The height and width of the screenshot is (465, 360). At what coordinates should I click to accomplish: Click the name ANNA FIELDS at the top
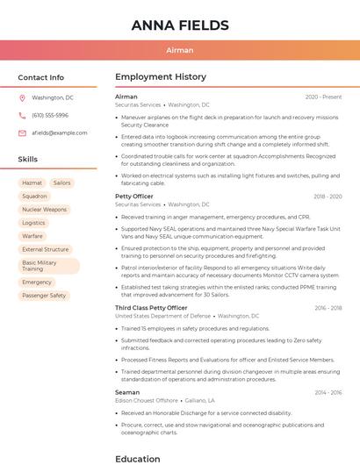(x=180, y=25)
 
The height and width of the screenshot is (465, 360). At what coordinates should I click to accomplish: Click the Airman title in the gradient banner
(x=180, y=50)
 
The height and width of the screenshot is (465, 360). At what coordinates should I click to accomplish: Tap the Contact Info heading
(x=41, y=77)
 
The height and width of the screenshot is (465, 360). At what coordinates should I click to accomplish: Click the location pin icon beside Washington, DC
(x=22, y=98)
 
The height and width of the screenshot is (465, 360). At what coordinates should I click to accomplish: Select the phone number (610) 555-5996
(x=50, y=116)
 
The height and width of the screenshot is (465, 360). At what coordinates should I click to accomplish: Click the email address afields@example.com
(x=60, y=132)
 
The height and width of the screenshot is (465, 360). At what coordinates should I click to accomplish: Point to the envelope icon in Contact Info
(x=22, y=132)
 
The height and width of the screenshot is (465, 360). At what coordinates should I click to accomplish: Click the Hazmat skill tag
(x=32, y=182)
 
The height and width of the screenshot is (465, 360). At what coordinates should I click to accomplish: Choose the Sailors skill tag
(x=61, y=182)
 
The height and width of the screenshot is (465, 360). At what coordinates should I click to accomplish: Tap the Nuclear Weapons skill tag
(x=44, y=210)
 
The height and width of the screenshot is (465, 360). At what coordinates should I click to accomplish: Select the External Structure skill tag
(x=45, y=249)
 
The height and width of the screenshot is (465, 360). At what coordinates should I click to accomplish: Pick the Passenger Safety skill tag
(x=44, y=296)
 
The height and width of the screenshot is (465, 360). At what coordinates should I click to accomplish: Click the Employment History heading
(x=161, y=77)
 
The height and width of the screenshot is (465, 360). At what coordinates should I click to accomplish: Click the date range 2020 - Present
(x=323, y=97)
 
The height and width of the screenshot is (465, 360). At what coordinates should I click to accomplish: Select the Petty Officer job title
(x=134, y=197)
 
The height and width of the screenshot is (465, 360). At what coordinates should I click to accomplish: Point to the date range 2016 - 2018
(x=328, y=308)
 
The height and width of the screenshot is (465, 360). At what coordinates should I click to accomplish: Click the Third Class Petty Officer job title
(x=151, y=308)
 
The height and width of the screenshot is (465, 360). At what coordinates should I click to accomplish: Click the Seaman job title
(x=127, y=392)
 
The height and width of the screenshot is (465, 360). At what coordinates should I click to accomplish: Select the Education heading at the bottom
(x=138, y=458)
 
